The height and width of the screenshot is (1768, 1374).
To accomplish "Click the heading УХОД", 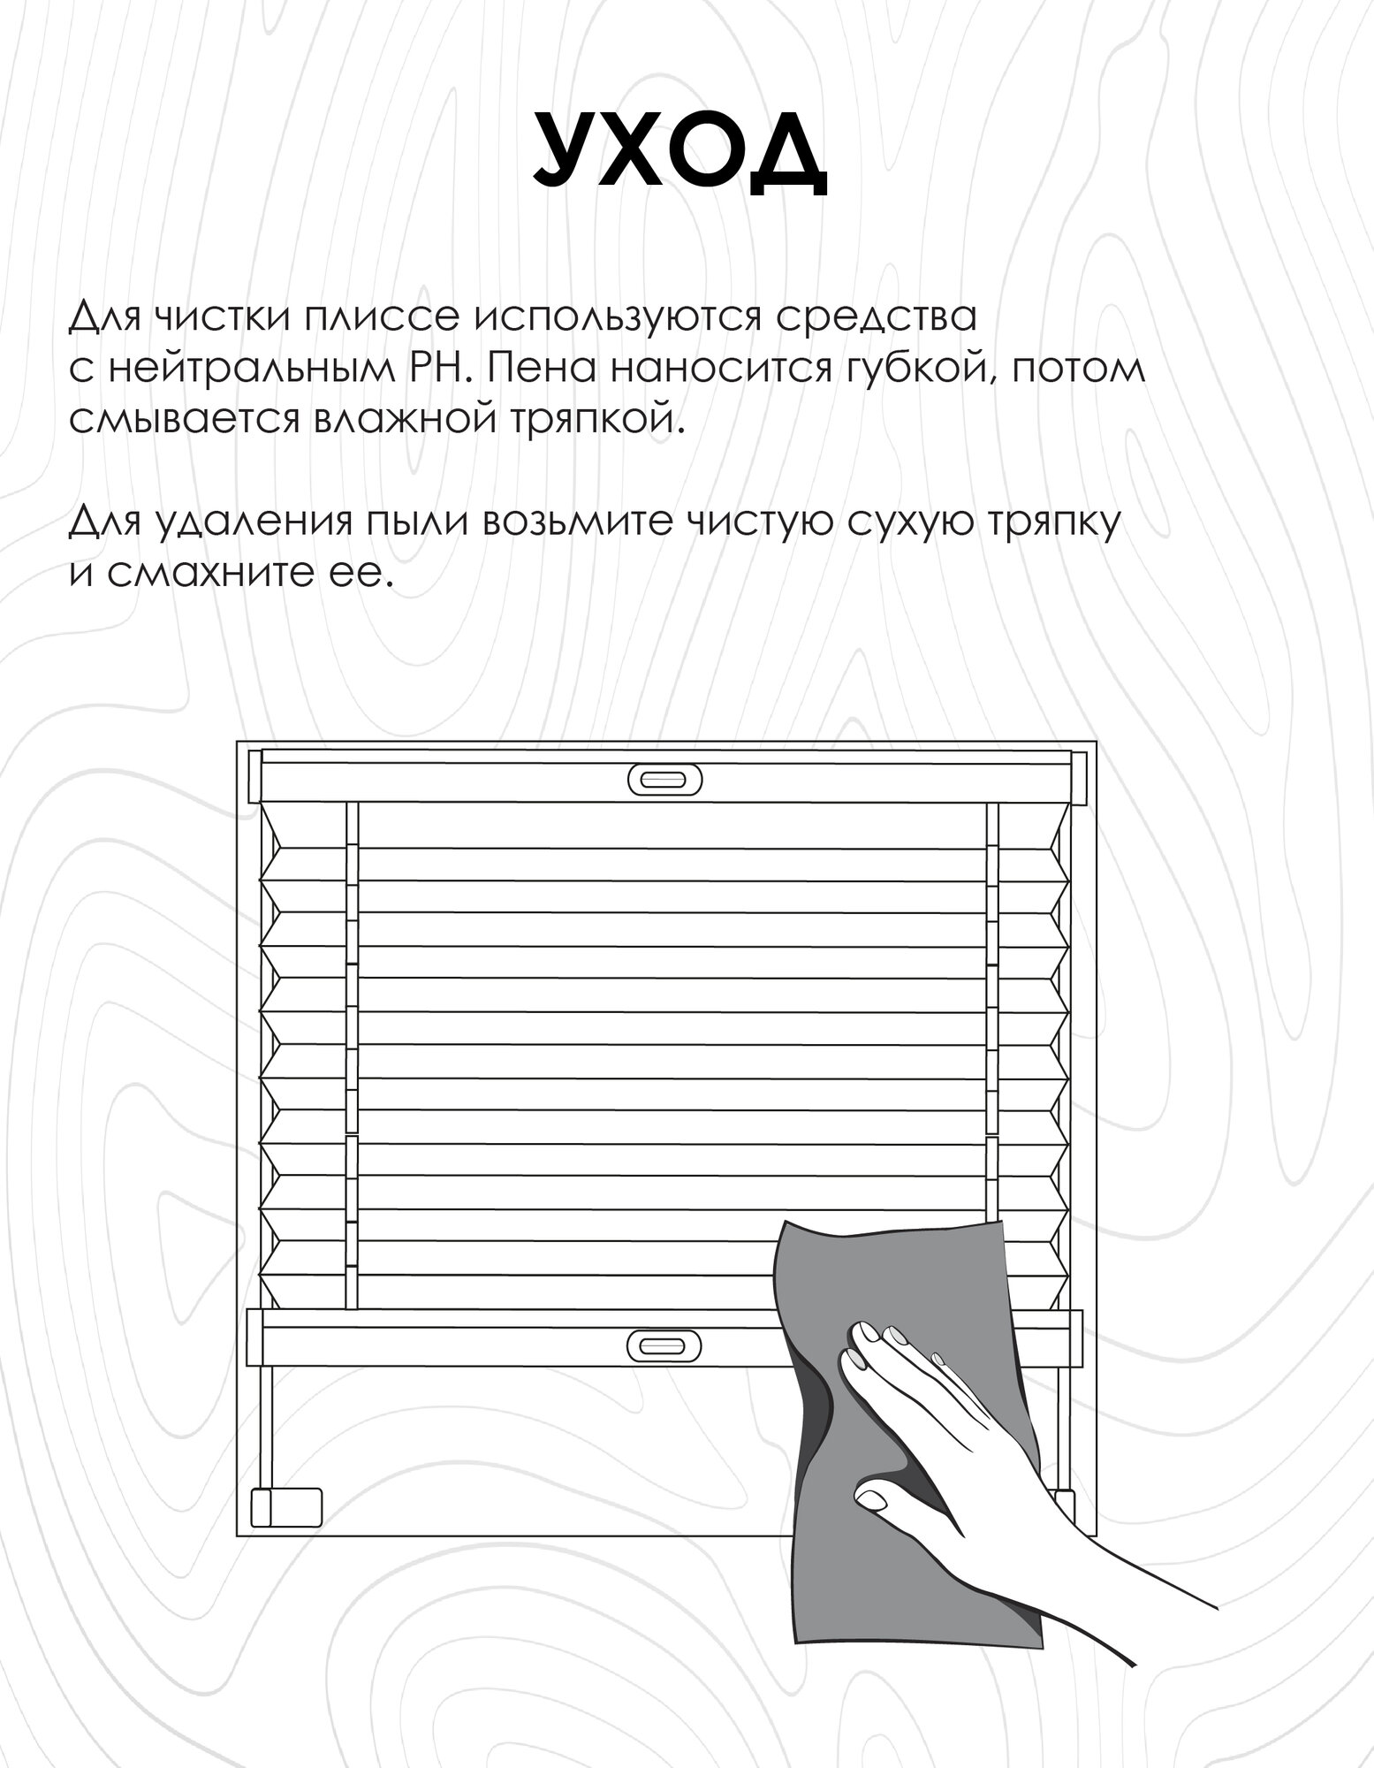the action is (x=679, y=151).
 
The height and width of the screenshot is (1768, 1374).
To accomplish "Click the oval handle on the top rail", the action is (x=665, y=779).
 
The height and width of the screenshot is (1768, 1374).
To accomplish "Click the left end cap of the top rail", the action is (x=256, y=777).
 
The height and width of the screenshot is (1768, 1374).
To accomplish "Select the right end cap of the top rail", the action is (x=1078, y=777).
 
